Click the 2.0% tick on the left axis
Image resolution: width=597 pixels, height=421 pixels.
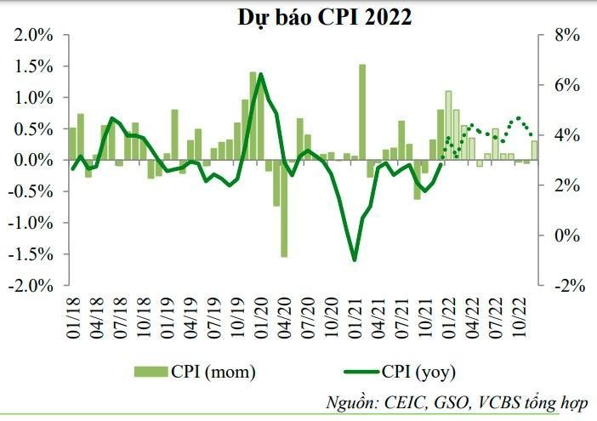[x=36, y=35]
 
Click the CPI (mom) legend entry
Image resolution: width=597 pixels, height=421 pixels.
[x=195, y=371]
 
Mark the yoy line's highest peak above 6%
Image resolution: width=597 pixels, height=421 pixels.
[x=260, y=74]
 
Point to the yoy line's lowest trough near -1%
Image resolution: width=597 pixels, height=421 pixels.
[x=355, y=260]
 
